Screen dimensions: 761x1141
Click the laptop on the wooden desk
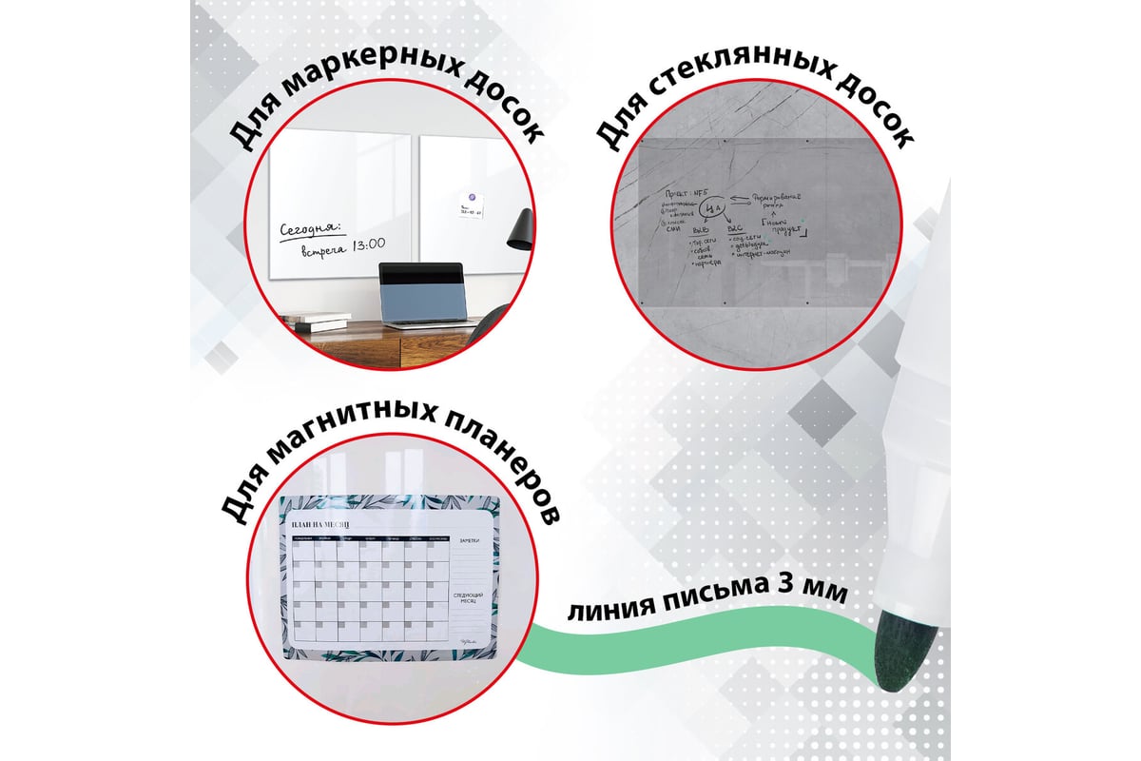pyautogui.click(x=420, y=295)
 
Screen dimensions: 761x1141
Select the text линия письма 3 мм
pyautogui.click(x=707, y=598)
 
